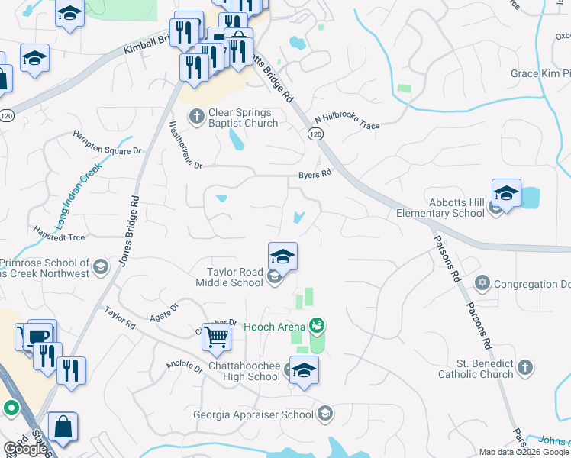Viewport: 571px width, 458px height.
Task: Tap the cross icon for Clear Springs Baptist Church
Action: [196, 117]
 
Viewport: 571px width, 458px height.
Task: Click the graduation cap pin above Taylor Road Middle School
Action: [282, 257]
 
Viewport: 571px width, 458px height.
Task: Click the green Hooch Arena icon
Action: [317, 327]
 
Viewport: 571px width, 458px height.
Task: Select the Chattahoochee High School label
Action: [244, 371]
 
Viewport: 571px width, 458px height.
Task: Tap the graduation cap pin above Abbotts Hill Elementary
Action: [505, 194]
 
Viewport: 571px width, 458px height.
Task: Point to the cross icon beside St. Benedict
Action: [524, 369]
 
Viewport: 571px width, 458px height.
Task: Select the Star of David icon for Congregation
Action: [481, 284]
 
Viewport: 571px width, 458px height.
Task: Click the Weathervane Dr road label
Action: [185, 146]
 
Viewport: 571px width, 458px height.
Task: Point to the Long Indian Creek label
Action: [73, 199]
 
